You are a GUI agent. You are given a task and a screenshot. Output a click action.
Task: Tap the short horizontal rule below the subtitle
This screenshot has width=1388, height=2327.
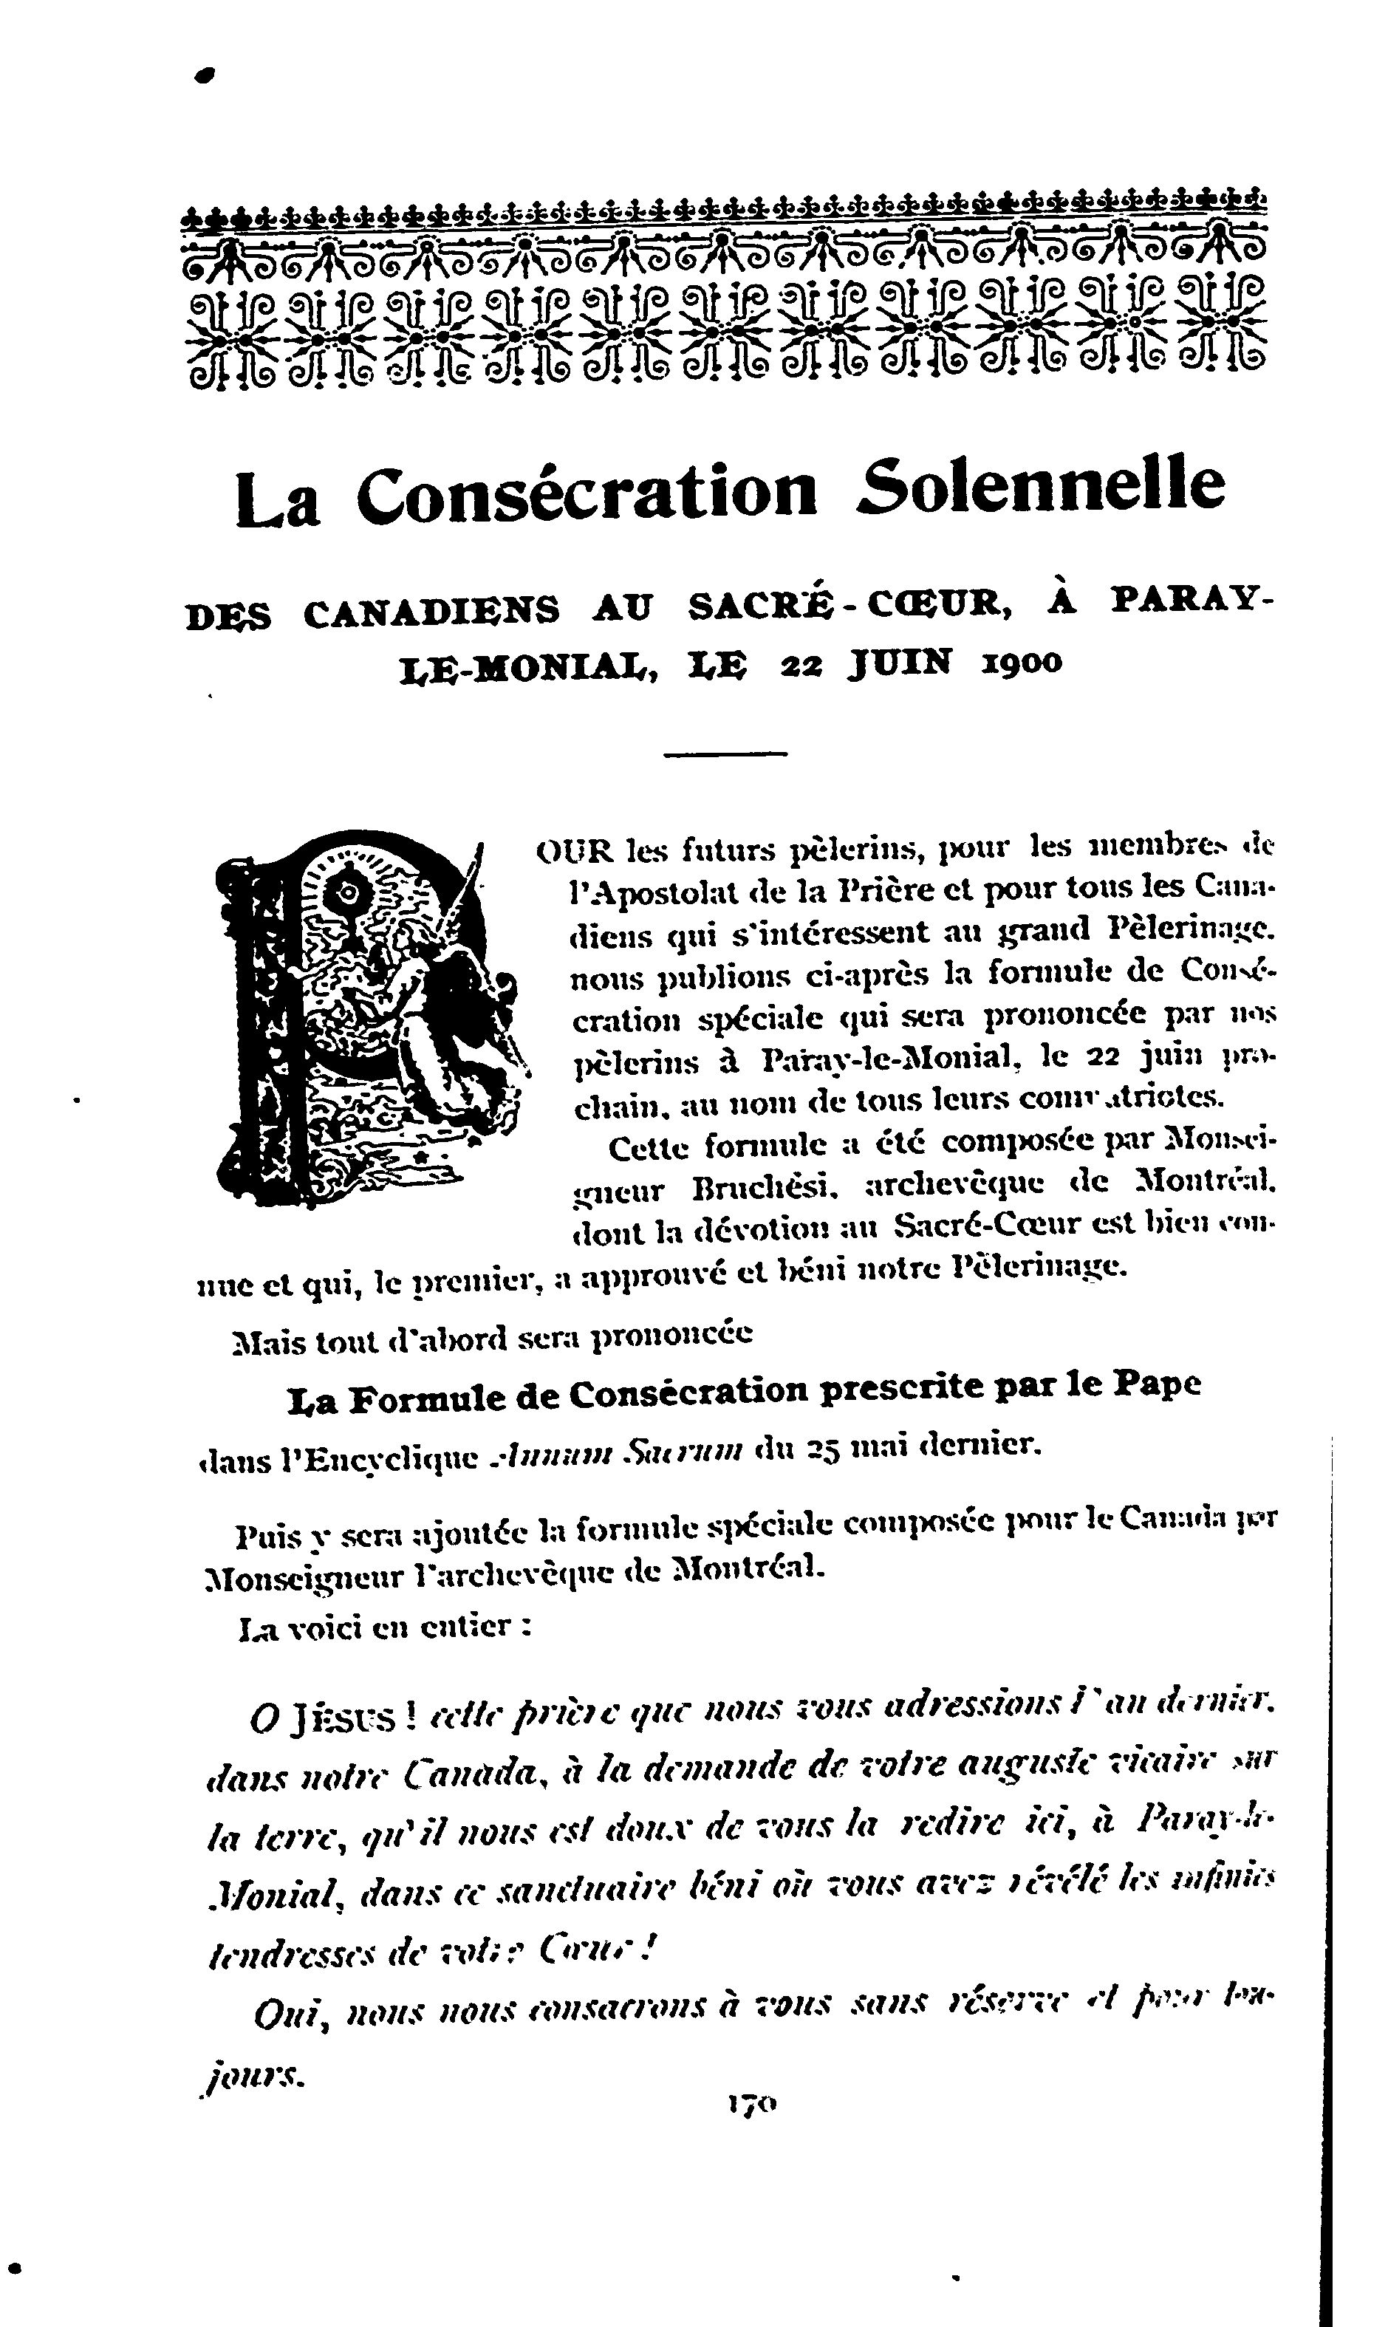726,753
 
